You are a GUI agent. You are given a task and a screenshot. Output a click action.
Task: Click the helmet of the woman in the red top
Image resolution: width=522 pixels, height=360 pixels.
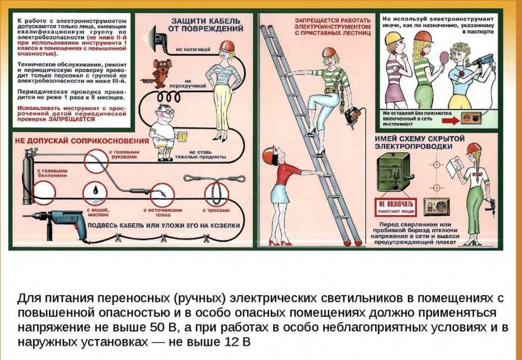(269, 154)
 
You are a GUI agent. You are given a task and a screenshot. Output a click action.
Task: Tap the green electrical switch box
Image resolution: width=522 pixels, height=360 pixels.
(396, 174)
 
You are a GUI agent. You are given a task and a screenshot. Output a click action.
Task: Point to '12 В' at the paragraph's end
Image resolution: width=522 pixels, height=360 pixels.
(238, 341)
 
